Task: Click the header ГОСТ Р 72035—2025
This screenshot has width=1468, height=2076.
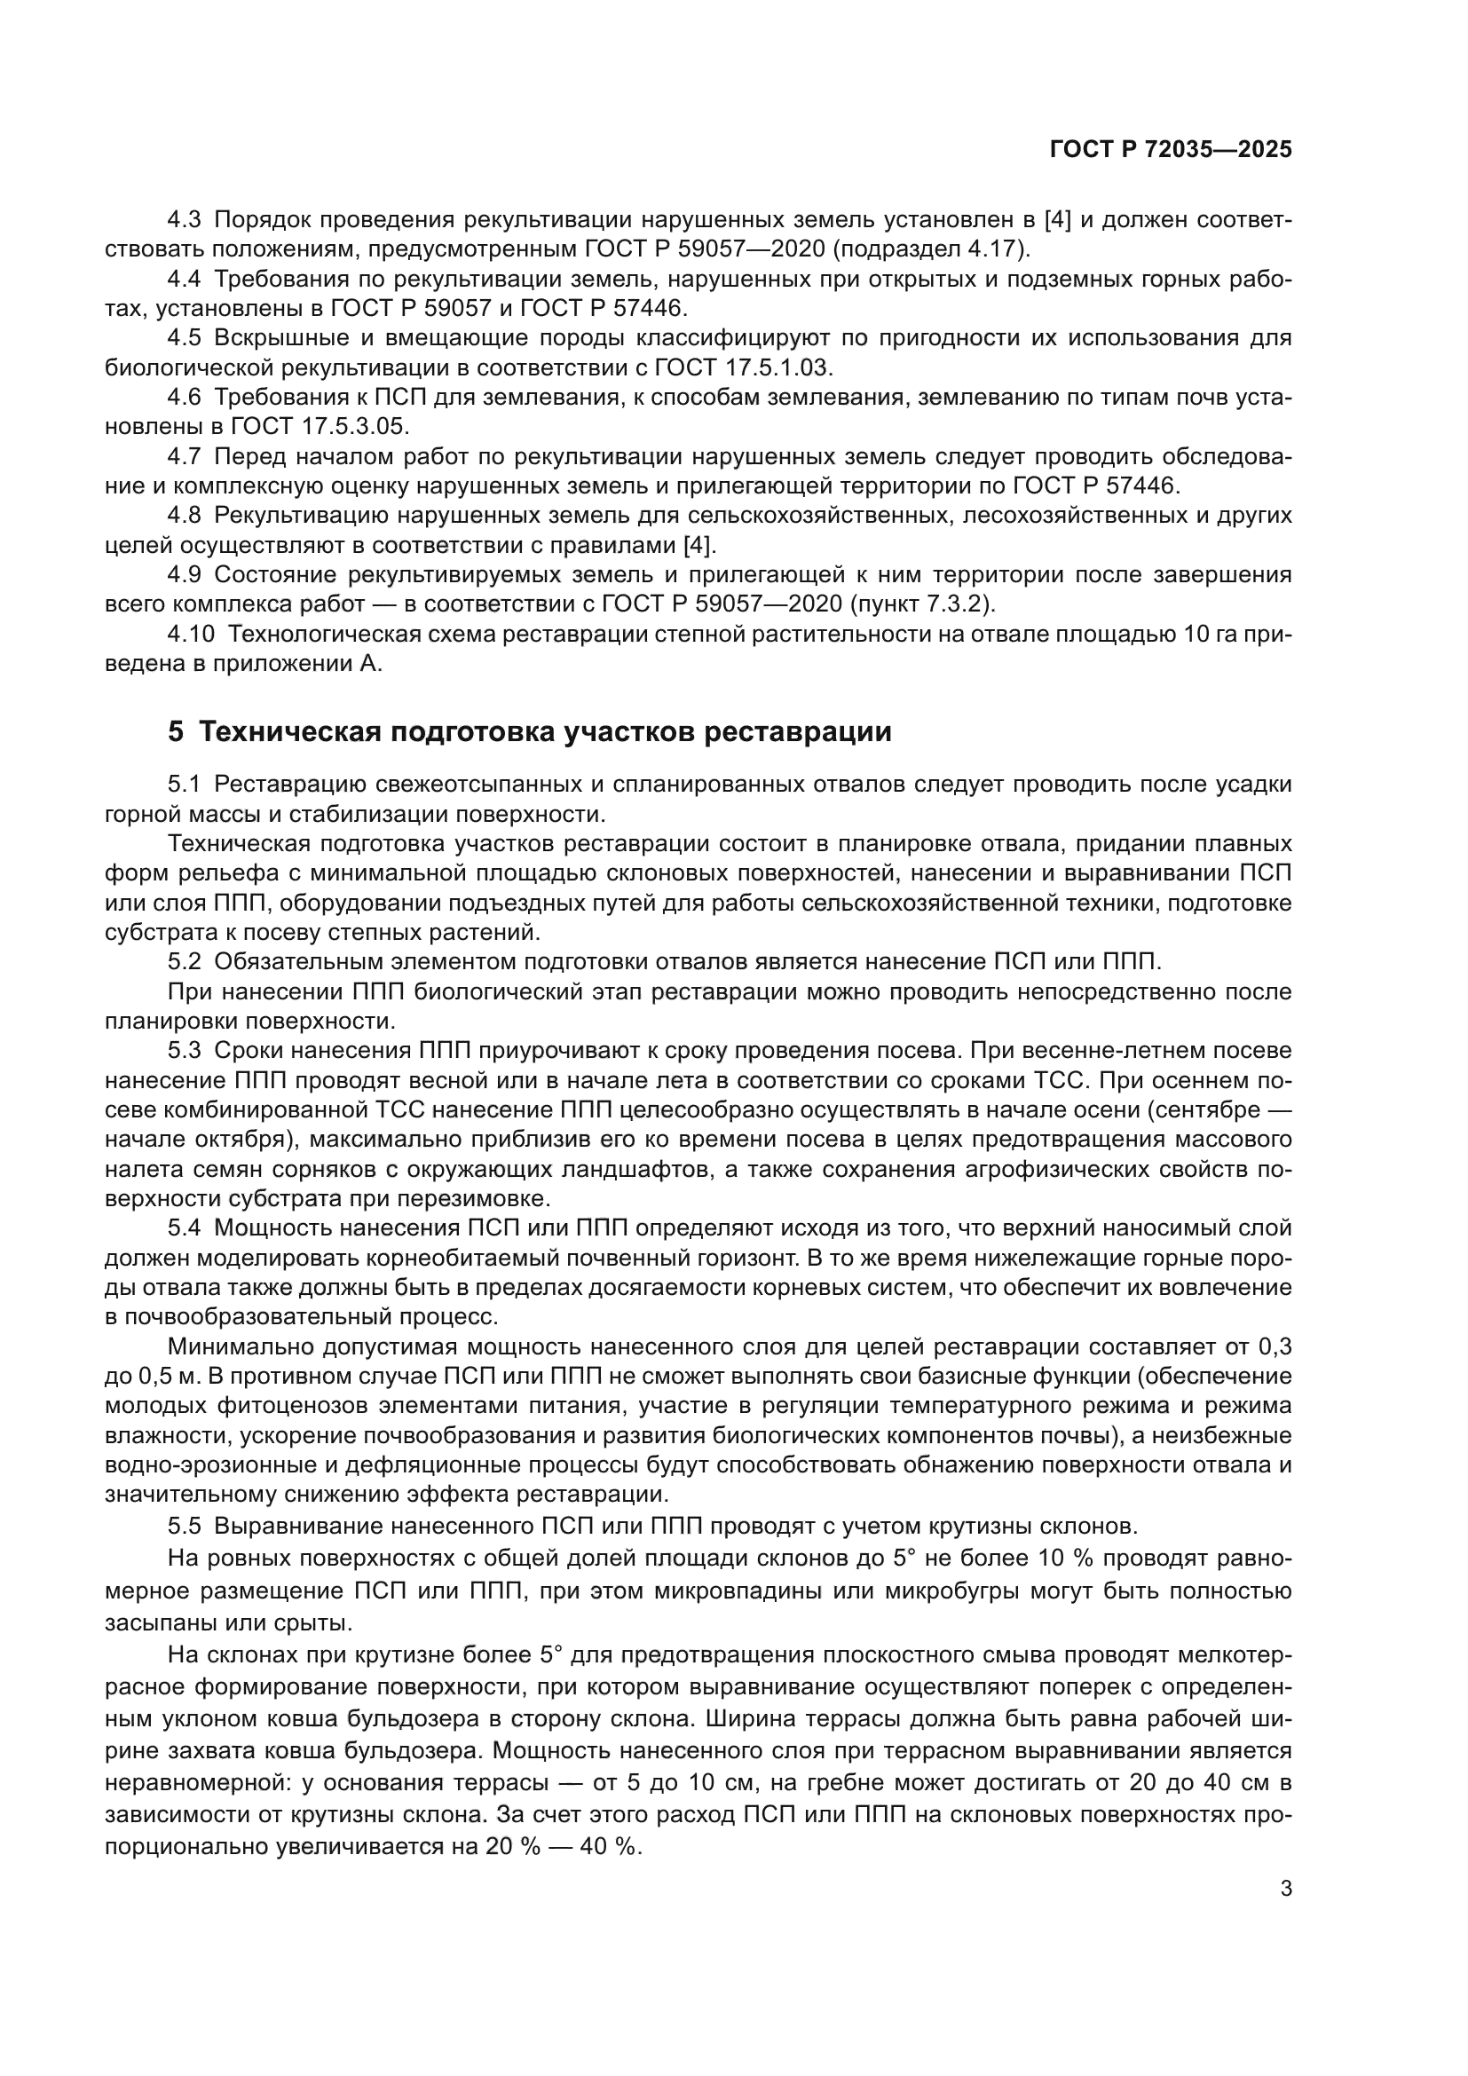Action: pos(1171,150)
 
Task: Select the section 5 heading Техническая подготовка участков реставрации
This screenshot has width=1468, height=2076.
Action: pos(529,731)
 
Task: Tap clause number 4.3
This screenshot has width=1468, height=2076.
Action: pos(186,220)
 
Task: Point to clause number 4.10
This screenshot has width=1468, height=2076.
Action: pos(191,634)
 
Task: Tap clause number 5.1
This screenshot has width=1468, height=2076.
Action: pos(186,785)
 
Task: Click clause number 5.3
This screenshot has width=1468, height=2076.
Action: pos(186,1051)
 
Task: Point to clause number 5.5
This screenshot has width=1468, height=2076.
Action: pos(186,1527)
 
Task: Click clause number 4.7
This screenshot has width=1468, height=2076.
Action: pos(186,456)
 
